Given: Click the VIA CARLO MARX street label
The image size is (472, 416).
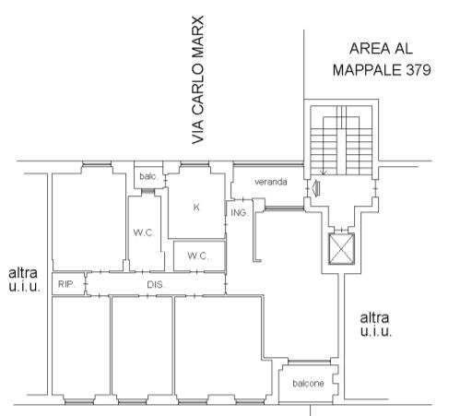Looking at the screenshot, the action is click(197, 80).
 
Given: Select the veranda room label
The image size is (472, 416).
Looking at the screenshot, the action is click(271, 182).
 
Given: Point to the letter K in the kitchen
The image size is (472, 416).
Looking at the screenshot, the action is click(196, 208).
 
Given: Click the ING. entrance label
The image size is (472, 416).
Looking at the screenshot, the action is click(239, 212).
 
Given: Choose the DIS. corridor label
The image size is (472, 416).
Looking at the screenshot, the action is click(156, 285).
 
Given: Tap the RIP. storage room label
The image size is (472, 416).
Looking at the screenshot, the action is click(66, 284).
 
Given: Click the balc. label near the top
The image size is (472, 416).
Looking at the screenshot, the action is click(148, 176).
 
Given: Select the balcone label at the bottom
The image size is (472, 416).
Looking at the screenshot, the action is click(308, 384).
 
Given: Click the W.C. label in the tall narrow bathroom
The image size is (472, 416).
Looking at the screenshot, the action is click(144, 232).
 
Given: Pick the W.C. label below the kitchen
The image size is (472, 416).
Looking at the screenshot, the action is click(198, 256).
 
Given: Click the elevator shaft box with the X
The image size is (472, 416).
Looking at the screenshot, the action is click(341, 248).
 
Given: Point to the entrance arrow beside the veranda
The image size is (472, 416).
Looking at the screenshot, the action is click(315, 188).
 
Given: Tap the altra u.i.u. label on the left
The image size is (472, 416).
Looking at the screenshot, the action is click(24, 279).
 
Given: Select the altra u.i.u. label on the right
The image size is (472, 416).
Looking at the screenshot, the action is click(375, 325).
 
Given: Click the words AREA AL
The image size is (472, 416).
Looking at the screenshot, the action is click(381, 49).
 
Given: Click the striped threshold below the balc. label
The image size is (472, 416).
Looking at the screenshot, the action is click(147, 192).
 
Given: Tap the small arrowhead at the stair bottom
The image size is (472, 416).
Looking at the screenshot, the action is click(323, 172).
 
